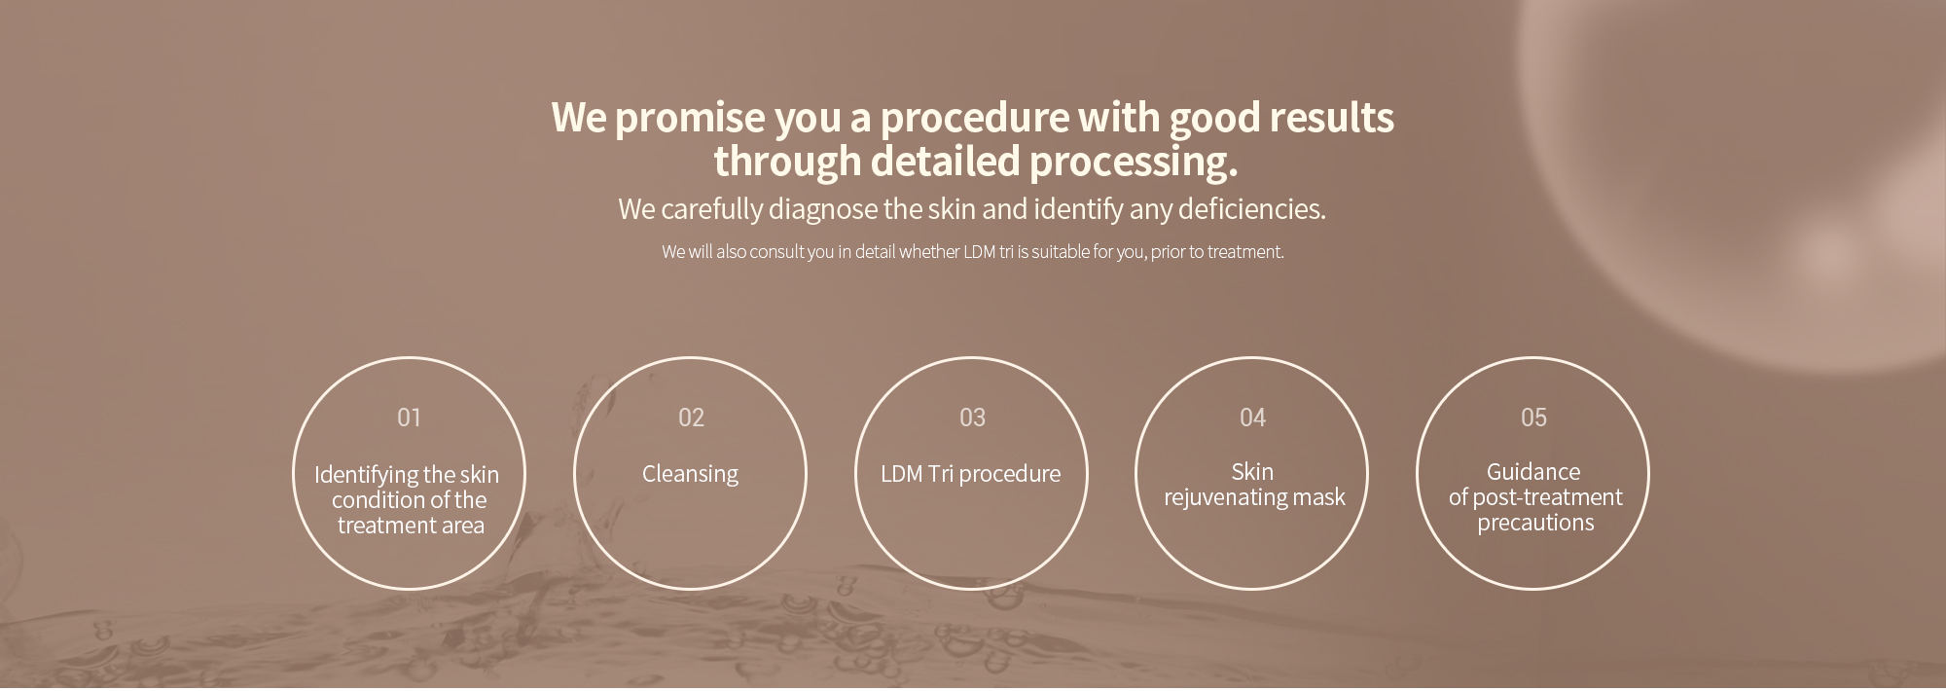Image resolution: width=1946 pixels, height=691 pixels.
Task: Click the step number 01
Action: coord(409,418)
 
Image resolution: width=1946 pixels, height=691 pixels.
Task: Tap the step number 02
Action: coord(691,418)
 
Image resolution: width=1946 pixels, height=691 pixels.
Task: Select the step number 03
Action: coord(972,418)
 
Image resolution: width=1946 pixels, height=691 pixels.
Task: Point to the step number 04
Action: coord(1252,418)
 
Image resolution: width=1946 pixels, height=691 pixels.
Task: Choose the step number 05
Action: coord(1533,418)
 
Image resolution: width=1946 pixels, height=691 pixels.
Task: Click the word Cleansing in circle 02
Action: coord(690,474)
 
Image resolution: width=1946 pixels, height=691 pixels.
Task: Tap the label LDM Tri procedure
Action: coord(970,474)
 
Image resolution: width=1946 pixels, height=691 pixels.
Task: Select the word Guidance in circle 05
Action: coord(1533,472)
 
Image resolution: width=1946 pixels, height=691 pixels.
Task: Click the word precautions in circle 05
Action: coord(1535,523)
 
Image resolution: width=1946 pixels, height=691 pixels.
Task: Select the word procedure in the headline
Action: coord(973,118)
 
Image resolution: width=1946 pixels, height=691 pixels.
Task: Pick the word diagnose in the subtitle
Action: coord(822,210)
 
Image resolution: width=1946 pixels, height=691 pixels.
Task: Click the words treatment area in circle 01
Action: coord(411,527)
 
